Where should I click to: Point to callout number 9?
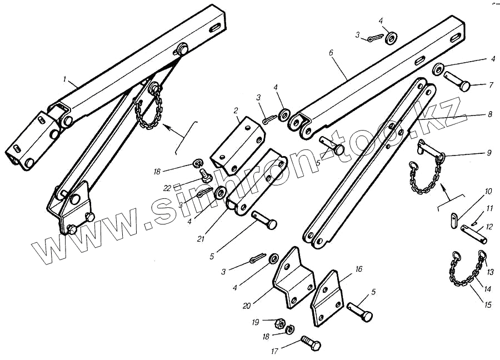(488, 152)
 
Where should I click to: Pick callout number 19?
(255, 321)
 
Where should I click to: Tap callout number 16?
(358, 269)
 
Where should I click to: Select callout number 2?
(236, 111)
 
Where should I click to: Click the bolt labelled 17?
(311, 343)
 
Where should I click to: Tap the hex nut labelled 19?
(281, 323)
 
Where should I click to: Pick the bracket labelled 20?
(294, 280)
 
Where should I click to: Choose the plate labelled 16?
(327, 298)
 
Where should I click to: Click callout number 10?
(488, 192)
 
